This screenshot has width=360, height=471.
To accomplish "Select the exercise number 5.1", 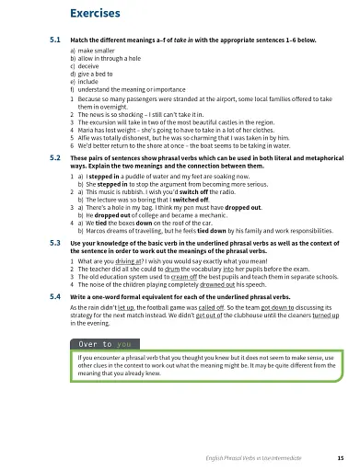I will tap(55, 40).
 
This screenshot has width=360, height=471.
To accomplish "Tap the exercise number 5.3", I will tap(55, 243).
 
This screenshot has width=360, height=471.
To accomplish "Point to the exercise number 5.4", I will tap(55, 298).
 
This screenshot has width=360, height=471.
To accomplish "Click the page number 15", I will tap(340, 458).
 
